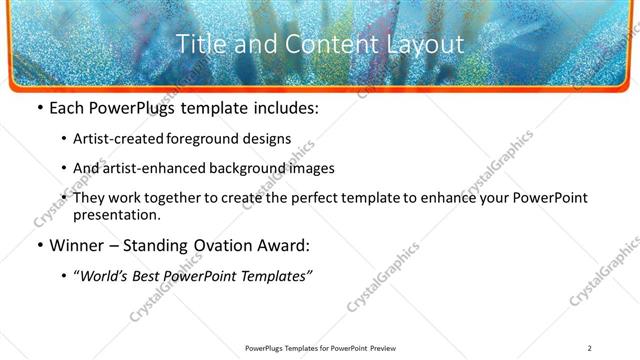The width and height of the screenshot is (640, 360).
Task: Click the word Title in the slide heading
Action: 200,44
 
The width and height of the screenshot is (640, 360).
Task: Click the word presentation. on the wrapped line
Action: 115,215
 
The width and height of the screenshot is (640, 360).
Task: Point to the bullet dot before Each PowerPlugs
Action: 38,108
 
